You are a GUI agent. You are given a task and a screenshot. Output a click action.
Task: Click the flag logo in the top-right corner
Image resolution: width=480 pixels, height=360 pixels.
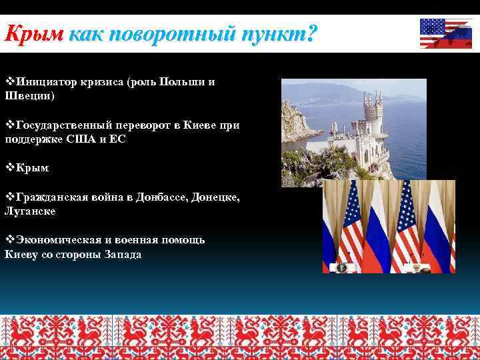point(446,33)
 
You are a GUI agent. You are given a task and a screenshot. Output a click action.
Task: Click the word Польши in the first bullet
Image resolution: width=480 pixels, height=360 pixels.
point(179,82)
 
